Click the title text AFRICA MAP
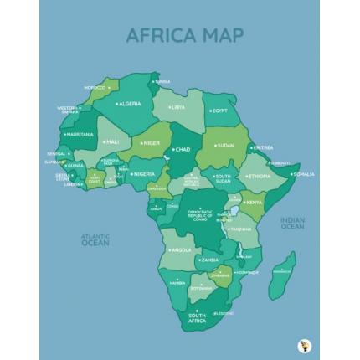[184, 35]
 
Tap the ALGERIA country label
[129, 104]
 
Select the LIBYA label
[178, 107]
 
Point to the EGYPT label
[219, 111]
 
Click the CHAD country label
[182, 150]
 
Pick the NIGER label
[151, 143]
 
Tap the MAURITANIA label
[80, 134]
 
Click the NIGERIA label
[144, 174]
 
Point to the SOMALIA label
[303, 174]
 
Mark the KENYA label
[253, 203]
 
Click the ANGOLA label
[182, 249]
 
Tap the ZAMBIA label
[210, 260]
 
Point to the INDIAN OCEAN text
[292, 224]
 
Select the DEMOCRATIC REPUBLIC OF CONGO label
[201, 215]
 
